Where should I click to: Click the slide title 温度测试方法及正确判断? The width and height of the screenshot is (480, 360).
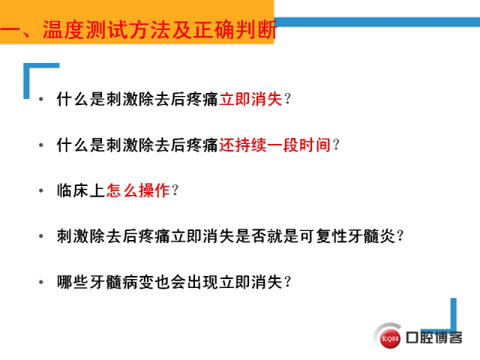[x=160, y=30]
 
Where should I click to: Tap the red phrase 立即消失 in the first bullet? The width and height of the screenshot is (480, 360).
[x=250, y=99]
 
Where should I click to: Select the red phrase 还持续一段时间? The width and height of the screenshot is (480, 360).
[x=274, y=145]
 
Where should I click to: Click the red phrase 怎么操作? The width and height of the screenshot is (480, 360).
[x=138, y=190]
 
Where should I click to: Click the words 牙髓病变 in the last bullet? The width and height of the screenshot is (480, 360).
[x=121, y=282]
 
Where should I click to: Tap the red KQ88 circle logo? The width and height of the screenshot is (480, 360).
[x=390, y=338]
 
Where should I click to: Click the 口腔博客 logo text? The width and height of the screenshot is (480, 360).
[x=434, y=337]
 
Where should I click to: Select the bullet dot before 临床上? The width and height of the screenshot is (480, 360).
[x=41, y=190]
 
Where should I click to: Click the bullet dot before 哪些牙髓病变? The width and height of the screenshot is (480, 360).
[x=41, y=282]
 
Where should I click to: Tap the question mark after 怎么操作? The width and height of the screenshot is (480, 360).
[x=175, y=190]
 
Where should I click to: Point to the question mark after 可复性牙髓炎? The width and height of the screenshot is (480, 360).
[x=400, y=236]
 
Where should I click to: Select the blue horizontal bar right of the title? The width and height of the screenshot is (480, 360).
[x=376, y=22]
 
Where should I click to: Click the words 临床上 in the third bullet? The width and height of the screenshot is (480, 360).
[x=81, y=190]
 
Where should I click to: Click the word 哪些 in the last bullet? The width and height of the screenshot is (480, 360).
[x=73, y=282]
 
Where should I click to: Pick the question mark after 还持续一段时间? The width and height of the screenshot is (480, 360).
[x=336, y=145]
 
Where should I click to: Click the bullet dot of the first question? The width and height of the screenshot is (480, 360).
[x=41, y=99]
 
